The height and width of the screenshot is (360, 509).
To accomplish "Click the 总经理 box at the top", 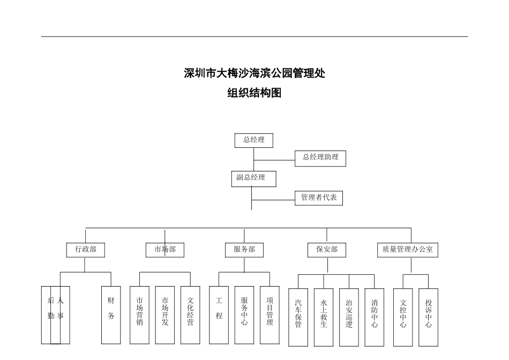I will point(253,140).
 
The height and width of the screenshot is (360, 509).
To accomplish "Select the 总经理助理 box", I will point(320,158).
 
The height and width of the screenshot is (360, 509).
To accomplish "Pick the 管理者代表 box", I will point(319,198).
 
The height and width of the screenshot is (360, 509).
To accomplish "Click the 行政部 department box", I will point(86,250).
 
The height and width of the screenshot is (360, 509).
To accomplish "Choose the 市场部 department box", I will point(165,250).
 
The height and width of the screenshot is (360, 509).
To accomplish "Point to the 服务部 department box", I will point(244,250).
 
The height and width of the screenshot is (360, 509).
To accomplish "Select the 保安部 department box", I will point(327,250).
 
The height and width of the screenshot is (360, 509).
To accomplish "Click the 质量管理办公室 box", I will point(408,250).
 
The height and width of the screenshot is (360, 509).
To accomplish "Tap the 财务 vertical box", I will point(111,314).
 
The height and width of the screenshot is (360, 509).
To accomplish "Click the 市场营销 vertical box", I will point(139,314).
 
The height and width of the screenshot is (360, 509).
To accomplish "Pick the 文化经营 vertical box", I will point(190,314).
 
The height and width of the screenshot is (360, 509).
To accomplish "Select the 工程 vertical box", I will point(219,314).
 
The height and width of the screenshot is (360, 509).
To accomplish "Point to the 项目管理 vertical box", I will point(270,314).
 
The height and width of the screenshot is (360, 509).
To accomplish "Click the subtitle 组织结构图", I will point(254,93).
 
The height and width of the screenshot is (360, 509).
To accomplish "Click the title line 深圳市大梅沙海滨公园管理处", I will point(254,73).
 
